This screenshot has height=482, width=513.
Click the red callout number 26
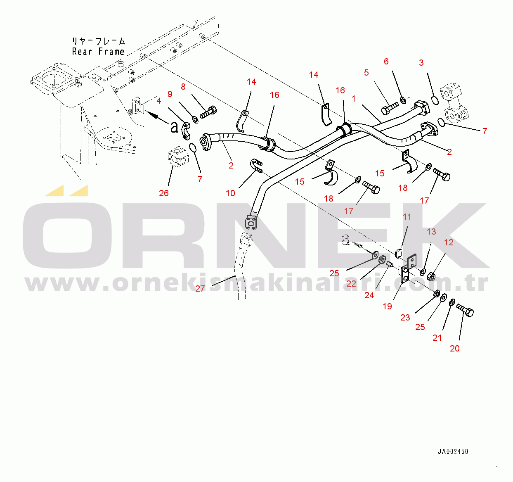164,193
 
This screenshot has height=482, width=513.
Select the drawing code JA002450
453,452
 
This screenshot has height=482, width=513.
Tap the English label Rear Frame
98,52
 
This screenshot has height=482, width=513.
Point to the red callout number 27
200,289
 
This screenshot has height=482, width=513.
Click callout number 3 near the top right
421,63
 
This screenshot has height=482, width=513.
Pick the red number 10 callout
230,193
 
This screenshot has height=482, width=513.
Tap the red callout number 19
387,306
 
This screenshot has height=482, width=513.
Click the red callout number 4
158,101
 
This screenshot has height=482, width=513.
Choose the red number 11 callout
407,217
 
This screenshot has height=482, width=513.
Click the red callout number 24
369,295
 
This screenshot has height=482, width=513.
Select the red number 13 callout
431,232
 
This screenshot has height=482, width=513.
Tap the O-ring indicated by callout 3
435,100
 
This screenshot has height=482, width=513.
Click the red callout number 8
183,87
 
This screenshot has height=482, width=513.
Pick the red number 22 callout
351,284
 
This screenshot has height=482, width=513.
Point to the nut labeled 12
430,276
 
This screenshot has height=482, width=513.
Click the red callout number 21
437,338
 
